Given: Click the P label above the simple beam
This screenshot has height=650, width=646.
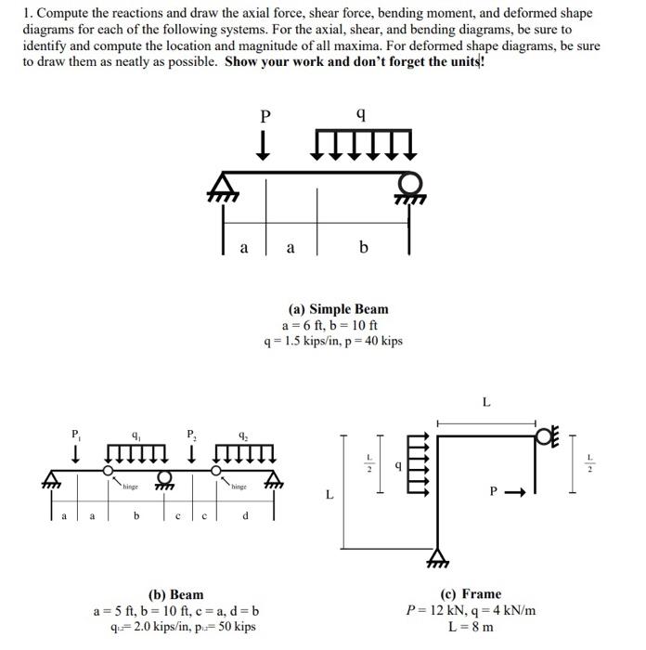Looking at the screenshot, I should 265,116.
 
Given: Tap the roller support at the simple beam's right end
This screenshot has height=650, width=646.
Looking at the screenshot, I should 409,185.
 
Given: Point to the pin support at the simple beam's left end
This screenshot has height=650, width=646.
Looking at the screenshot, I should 223,185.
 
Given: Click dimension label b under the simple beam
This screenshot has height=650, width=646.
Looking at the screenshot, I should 363,248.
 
